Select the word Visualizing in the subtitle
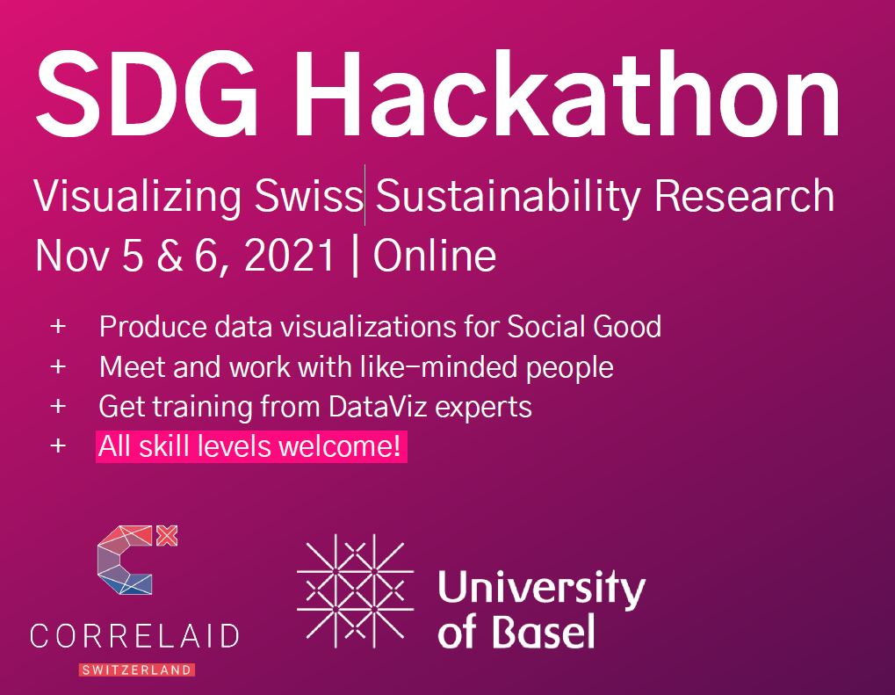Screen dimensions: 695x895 pyautogui.click(x=136, y=196)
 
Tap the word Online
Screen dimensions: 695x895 pyautogui.click(x=434, y=256)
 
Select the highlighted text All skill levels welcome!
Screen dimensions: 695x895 pyautogui.click(x=251, y=447)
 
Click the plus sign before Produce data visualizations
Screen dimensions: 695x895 pyautogui.click(x=58, y=327)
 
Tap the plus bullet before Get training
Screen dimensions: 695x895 pyautogui.click(x=58, y=407)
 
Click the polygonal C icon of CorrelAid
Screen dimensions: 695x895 pyautogui.click(x=127, y=561)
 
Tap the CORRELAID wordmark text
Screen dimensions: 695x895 pyautogui.click(x=134, y=636)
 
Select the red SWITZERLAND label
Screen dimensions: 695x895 pyautogui.click(x=137, y=670)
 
